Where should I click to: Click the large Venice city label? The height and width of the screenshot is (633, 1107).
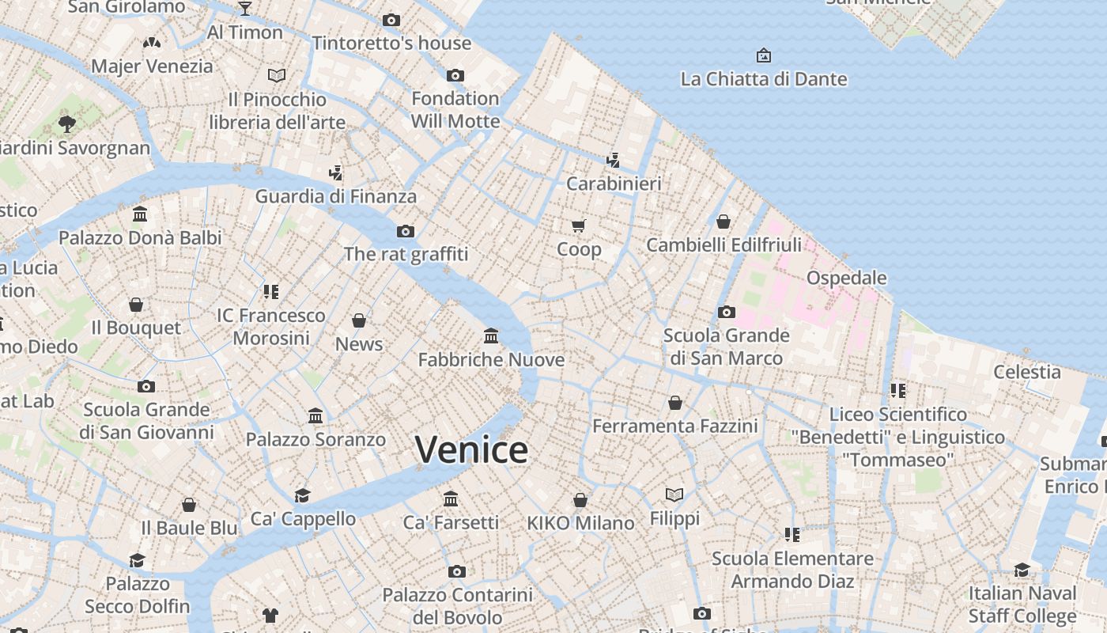click(472, 450)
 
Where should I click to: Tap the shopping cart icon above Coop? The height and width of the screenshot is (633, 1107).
click(579, 226)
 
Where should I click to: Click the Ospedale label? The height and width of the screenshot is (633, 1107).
click(846, 278)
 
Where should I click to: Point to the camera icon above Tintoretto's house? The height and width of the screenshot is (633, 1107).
click(391, 20)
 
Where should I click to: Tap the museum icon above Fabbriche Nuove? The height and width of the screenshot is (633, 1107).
click(491, 336)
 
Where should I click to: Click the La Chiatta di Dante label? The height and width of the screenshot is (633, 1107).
click(764, 79)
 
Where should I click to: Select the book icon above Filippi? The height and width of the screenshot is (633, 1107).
click(674, 495)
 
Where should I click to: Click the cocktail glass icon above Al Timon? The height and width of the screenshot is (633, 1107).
click(245, 9)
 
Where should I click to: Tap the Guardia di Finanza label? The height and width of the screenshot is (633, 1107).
click(336, 196)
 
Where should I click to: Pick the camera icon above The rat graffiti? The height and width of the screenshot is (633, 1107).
click(406, 231)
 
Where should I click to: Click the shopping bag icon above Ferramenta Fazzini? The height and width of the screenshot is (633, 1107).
click(675, 403)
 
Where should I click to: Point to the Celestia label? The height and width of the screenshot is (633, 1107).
click(1027, 372)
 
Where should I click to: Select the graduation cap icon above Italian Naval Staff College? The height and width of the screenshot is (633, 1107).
click(1022, 570)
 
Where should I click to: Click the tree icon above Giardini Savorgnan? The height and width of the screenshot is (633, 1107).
click(67, 123)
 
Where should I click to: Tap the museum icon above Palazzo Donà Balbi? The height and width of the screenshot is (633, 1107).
click(141, 214)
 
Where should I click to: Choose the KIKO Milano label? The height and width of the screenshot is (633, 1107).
click(580, 523)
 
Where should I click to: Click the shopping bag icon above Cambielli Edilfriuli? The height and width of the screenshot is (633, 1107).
click(724, 222)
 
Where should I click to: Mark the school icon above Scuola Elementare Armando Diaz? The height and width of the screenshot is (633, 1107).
click(792, 535)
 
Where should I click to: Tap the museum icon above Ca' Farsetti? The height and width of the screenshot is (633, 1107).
click(451, 498)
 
